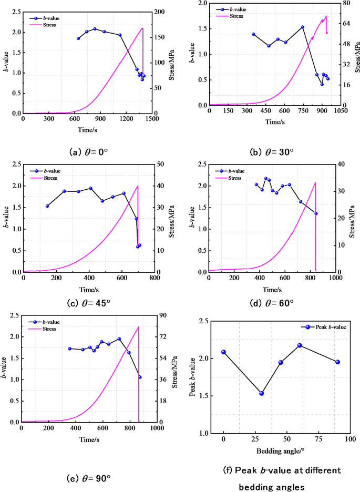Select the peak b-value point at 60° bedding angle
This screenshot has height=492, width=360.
(300, 345)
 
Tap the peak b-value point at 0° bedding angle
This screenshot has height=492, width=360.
(224, 352)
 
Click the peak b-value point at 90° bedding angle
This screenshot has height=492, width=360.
(337, 362)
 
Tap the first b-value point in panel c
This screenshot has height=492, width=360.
(47, 206)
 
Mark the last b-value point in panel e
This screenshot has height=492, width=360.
(140, 377)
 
